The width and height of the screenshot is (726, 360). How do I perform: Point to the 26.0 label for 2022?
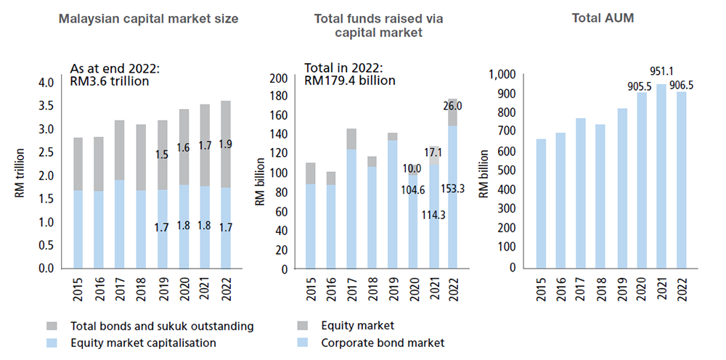coord(452,105)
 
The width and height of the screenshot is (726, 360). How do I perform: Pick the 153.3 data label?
coord(452,189)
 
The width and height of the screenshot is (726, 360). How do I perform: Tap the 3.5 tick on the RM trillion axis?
coord(46,106)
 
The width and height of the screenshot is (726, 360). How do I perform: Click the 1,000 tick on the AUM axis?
coord(502,74)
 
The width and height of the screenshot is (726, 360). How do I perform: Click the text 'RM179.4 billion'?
coord(351,80)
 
